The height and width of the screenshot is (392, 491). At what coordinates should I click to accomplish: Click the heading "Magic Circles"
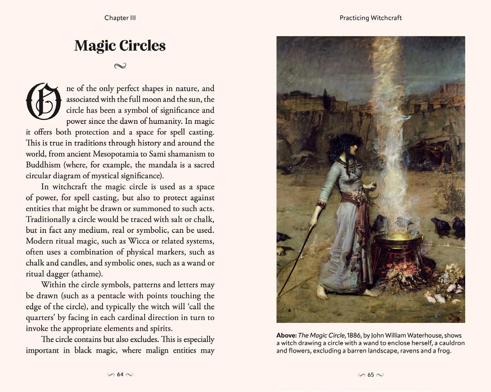tap(120, 46)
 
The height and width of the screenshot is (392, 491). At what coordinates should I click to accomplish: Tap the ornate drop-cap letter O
tap(44, 101)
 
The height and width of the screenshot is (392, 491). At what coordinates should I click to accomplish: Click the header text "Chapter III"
tap(120, 18)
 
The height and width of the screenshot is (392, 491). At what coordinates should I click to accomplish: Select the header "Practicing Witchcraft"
tap(370, 18)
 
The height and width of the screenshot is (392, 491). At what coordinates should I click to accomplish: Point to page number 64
tap(120, 374)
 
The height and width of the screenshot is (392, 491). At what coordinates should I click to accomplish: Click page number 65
tap(371, 375)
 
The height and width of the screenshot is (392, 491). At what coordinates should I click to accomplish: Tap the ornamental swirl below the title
tap(120, 66)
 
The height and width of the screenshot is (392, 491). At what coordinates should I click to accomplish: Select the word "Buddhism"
tap(43, 165)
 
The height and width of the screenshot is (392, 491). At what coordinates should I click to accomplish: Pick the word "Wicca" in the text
tap(139, 241)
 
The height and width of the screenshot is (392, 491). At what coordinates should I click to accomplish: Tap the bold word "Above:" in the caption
tap(286, 336)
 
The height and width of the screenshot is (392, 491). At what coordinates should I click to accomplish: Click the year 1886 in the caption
tap(354, 336)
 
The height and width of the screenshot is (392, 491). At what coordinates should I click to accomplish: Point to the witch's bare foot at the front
tap(322, 293)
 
